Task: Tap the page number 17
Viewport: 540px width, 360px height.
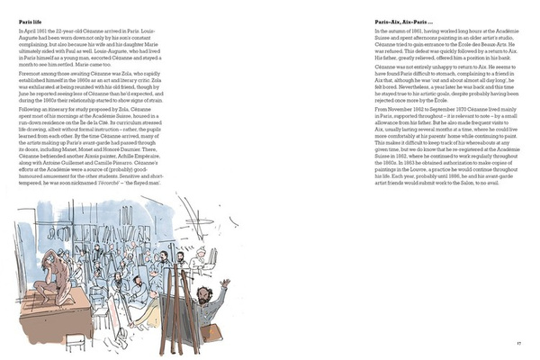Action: click(519, 342)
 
